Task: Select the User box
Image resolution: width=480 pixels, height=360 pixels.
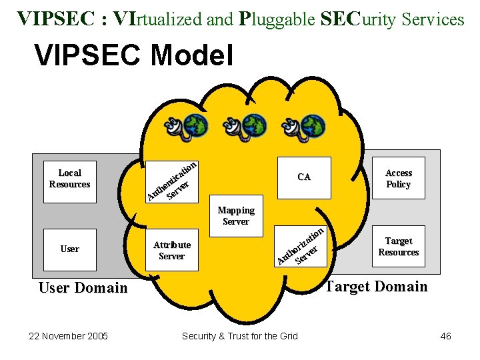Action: [x=70, y=249]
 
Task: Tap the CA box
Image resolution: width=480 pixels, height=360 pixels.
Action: [x=304, y=177]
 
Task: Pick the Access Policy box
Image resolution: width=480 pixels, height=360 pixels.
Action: [x=399, y=179]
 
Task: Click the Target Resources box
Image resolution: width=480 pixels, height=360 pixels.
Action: [x=398, y=247]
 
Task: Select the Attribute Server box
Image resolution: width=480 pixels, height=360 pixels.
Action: [x=172, y=250]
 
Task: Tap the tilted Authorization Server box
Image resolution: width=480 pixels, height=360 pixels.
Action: [x=302, y=246]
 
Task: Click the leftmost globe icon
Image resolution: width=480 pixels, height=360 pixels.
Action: [x=195, y=125]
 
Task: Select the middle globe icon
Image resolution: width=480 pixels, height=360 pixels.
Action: [x=254, y=125]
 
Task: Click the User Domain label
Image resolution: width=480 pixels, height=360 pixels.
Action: [x=83, y=288]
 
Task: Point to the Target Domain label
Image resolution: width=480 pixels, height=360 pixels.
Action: [x=376, y=287]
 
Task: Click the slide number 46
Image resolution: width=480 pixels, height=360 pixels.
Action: [x=446, y=336]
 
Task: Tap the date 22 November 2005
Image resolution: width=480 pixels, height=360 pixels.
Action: [x=69, y=336]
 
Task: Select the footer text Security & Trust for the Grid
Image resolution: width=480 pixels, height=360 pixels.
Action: [x=240, y=336]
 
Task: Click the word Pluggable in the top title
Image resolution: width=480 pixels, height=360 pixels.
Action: [x=276, y=19]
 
